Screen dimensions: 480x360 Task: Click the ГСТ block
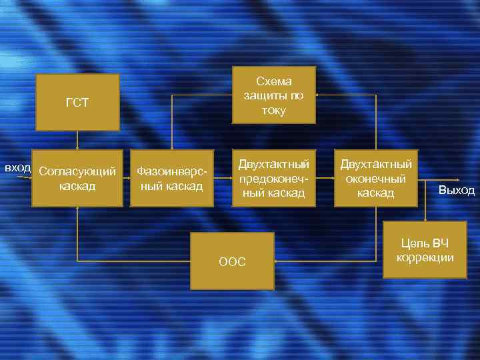tap(77, 102)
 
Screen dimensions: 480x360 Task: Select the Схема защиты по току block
tap(273, 95)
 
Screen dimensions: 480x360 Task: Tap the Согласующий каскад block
tap(77, 179)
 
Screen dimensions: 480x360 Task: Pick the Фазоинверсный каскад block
tap(171, 179)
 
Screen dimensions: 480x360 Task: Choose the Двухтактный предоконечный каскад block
tap(273, 178)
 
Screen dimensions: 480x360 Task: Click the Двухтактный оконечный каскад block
tap(376, 178)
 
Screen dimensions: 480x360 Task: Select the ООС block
tap(232, 261)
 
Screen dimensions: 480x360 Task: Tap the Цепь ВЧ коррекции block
tap(425, 251)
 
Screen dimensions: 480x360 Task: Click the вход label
tap(17, 167)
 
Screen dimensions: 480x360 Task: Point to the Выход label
tap(456, 191)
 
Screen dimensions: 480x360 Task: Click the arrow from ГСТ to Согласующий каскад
tap(77, 139)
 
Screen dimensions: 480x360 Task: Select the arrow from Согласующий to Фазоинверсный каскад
tap(127, 178)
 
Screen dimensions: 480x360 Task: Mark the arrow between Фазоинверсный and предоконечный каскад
tap(223, 178)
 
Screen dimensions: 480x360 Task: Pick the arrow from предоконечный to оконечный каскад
tap(325, 178)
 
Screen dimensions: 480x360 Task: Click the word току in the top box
tap(273, 110)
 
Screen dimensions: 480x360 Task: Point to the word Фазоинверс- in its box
tap(171, 171)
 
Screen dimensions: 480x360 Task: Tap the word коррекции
tap(425, 257)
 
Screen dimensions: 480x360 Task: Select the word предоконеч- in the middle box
tap(273, 179)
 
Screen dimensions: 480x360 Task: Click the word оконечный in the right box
tap(376, 179)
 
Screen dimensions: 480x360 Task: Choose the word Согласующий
tap(77, 172)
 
